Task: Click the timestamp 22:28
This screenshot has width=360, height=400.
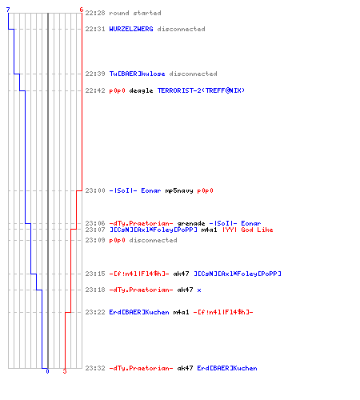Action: [x=95, y=13]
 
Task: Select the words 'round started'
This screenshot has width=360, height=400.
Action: [x=135, y=13]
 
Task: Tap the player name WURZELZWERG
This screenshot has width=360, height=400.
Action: [x=131, y=29]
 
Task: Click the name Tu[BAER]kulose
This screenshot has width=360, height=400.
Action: [x=137, y=74]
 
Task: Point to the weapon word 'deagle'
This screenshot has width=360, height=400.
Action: [x=141, y=90]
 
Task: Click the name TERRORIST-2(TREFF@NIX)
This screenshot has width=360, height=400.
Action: [x=201, y=90]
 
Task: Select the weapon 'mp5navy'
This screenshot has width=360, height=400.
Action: [x=179, y=190]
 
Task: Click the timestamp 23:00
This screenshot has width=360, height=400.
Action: [x=95, y=190]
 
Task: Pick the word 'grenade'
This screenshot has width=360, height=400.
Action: [x=191, y=223]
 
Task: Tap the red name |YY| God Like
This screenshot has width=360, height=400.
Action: [x=248, y=230]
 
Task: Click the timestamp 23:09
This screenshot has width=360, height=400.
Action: [x=95, y=240]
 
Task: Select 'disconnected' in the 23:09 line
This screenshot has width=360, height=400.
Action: [x=153, y=240]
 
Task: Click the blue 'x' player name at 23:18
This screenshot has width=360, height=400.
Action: [x=199, y=290]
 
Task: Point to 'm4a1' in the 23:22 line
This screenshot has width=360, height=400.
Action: [x=181, y=312]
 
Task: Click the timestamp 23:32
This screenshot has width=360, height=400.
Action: [x=95, y=368]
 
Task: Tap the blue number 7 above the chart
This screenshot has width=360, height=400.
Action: [x=8, y=10]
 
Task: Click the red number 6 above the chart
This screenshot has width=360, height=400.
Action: [x=82, y=10]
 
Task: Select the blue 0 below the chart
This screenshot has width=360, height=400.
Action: [x=47, y=371]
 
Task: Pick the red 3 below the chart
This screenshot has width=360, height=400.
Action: [x=65, y=371]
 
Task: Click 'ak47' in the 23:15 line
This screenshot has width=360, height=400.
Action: [x=181, y=274]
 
